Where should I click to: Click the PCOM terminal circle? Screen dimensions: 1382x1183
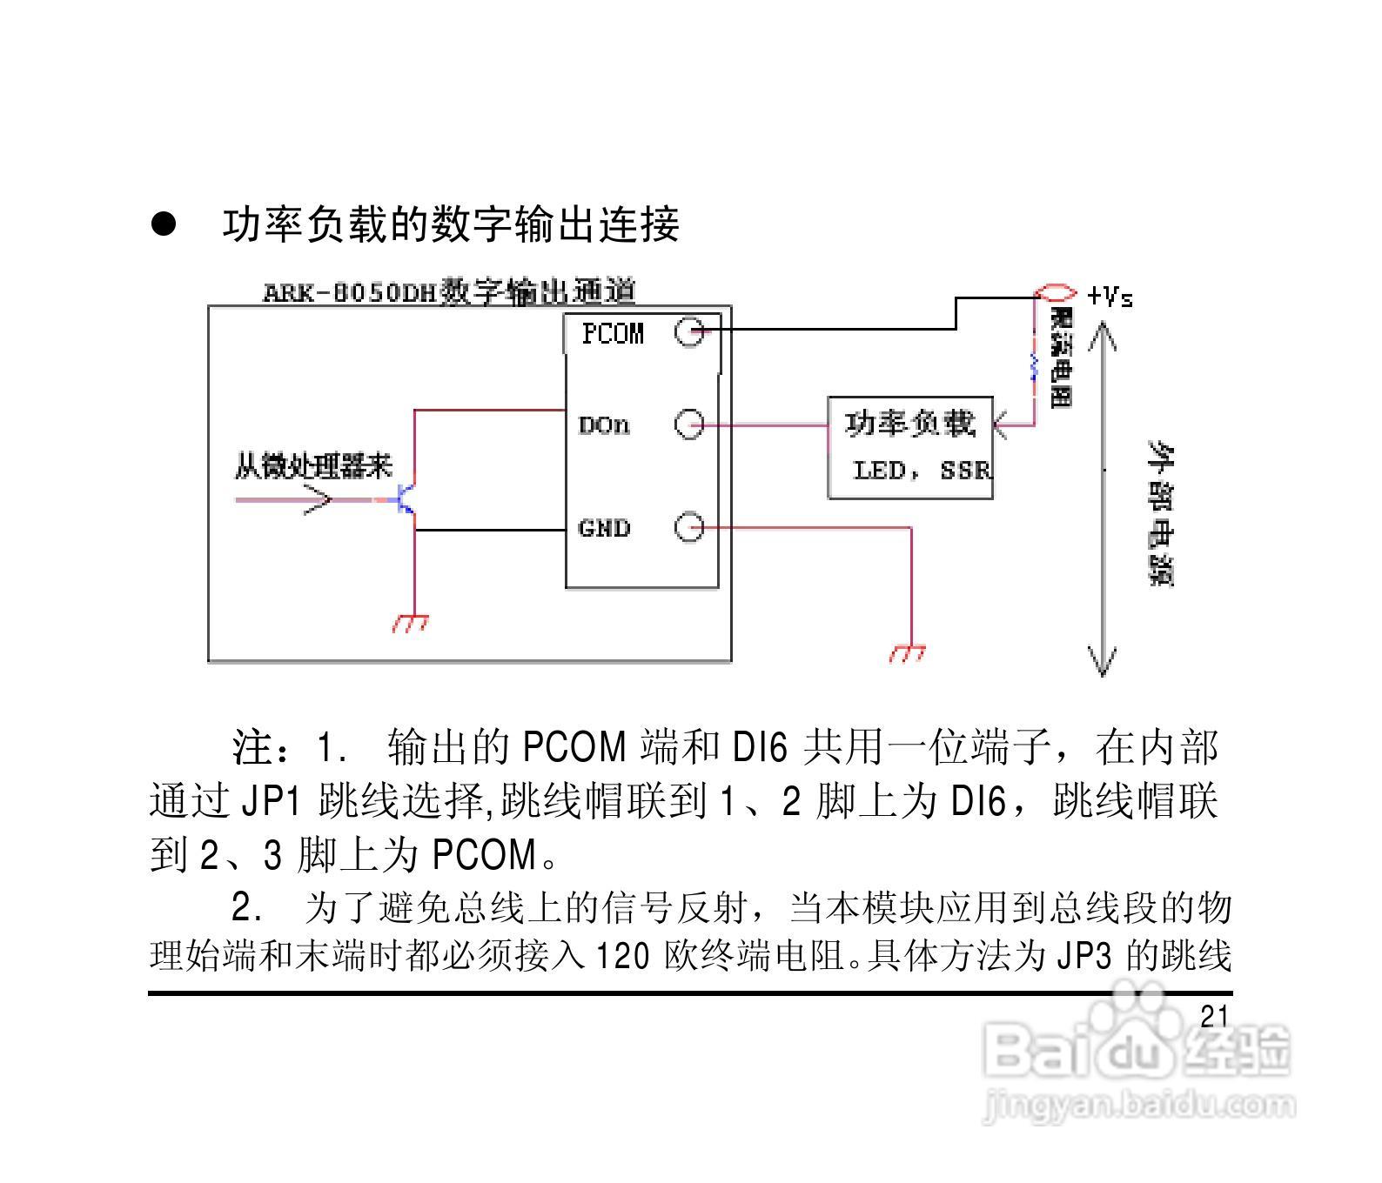tap(689, 331)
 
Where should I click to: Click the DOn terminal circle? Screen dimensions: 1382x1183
tap(689, 424)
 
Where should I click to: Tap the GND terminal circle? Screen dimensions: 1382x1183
tap(689, 527)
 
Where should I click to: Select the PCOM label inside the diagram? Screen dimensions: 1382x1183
tap(613, 333)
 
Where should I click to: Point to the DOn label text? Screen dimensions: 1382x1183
tap(604, 425)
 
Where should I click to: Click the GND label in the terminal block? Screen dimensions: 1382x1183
tap(604, 528)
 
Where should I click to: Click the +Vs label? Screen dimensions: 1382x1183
tap(1110, 297)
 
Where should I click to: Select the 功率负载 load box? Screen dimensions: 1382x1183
tap(910, 448)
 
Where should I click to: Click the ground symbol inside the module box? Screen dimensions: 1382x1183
tap(410, 623)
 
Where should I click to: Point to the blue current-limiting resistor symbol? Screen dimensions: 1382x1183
tap(1034, 366)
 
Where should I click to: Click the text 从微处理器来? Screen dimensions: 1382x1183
tap(313, 467)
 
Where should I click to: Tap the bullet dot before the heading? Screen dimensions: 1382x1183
tap(164, 224)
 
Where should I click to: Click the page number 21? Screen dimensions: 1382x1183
tap(1213, 1016)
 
